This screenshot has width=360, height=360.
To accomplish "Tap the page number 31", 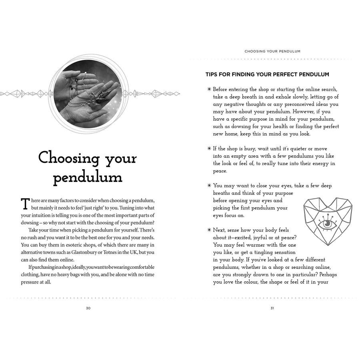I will coord(272,308).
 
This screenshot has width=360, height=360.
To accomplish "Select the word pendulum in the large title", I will coord(88,177).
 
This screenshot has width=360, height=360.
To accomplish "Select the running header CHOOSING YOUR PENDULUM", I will coord(272,51).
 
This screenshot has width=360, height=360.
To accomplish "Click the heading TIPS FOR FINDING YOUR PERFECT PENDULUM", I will coord(267,74).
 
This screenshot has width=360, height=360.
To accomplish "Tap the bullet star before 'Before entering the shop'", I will coord(209,89).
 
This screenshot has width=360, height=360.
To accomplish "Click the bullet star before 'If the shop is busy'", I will coord(209,148).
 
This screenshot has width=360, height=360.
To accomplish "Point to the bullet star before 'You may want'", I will coord(209,186).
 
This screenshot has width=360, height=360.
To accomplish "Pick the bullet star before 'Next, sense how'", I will coord(209,230).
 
